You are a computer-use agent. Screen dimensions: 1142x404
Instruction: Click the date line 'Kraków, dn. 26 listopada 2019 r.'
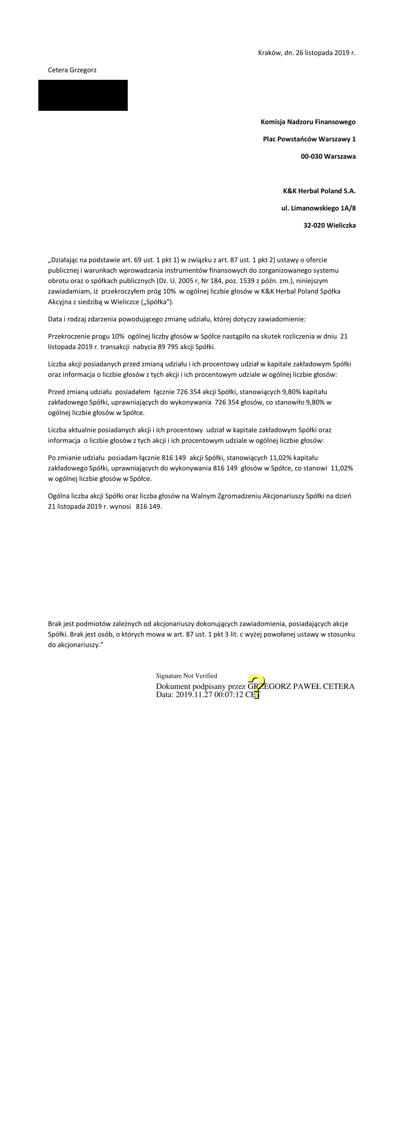[307, 53]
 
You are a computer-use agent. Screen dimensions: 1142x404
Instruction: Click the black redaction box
[83, 95]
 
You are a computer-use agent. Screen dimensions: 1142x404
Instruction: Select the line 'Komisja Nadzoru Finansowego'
[308, 122]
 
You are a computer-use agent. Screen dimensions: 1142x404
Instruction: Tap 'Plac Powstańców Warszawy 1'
[309, 139]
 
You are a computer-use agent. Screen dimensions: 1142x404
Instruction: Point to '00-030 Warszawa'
[328, 156]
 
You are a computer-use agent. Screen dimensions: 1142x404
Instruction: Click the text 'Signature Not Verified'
[186, 676]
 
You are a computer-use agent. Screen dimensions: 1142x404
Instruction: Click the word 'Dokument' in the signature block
[173, 686]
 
